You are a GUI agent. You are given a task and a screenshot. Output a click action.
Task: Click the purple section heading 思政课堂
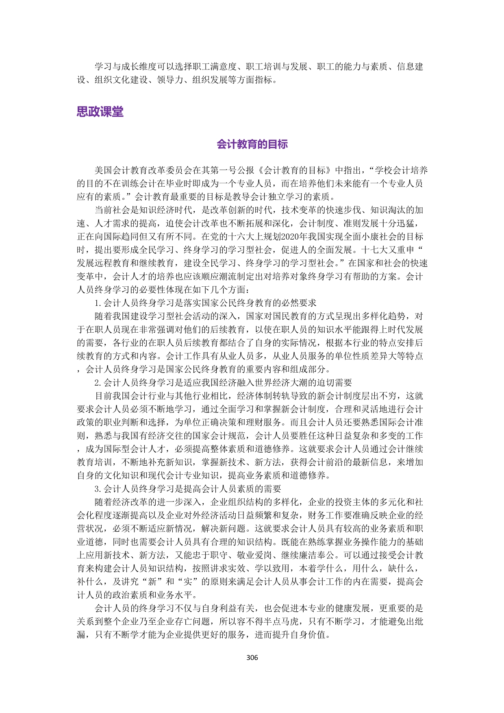[100, 111]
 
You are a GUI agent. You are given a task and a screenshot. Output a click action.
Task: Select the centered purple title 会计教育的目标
[252, 144]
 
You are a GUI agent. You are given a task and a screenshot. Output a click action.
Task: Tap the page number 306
[252, 657]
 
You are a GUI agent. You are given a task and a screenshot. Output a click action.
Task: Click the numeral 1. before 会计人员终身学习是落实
[98, 303]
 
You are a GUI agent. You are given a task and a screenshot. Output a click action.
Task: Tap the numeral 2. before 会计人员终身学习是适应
[98, 383]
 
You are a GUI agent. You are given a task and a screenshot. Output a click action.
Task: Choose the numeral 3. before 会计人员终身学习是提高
[98, 489]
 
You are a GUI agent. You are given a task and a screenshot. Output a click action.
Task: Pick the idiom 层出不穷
[378, 396]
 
